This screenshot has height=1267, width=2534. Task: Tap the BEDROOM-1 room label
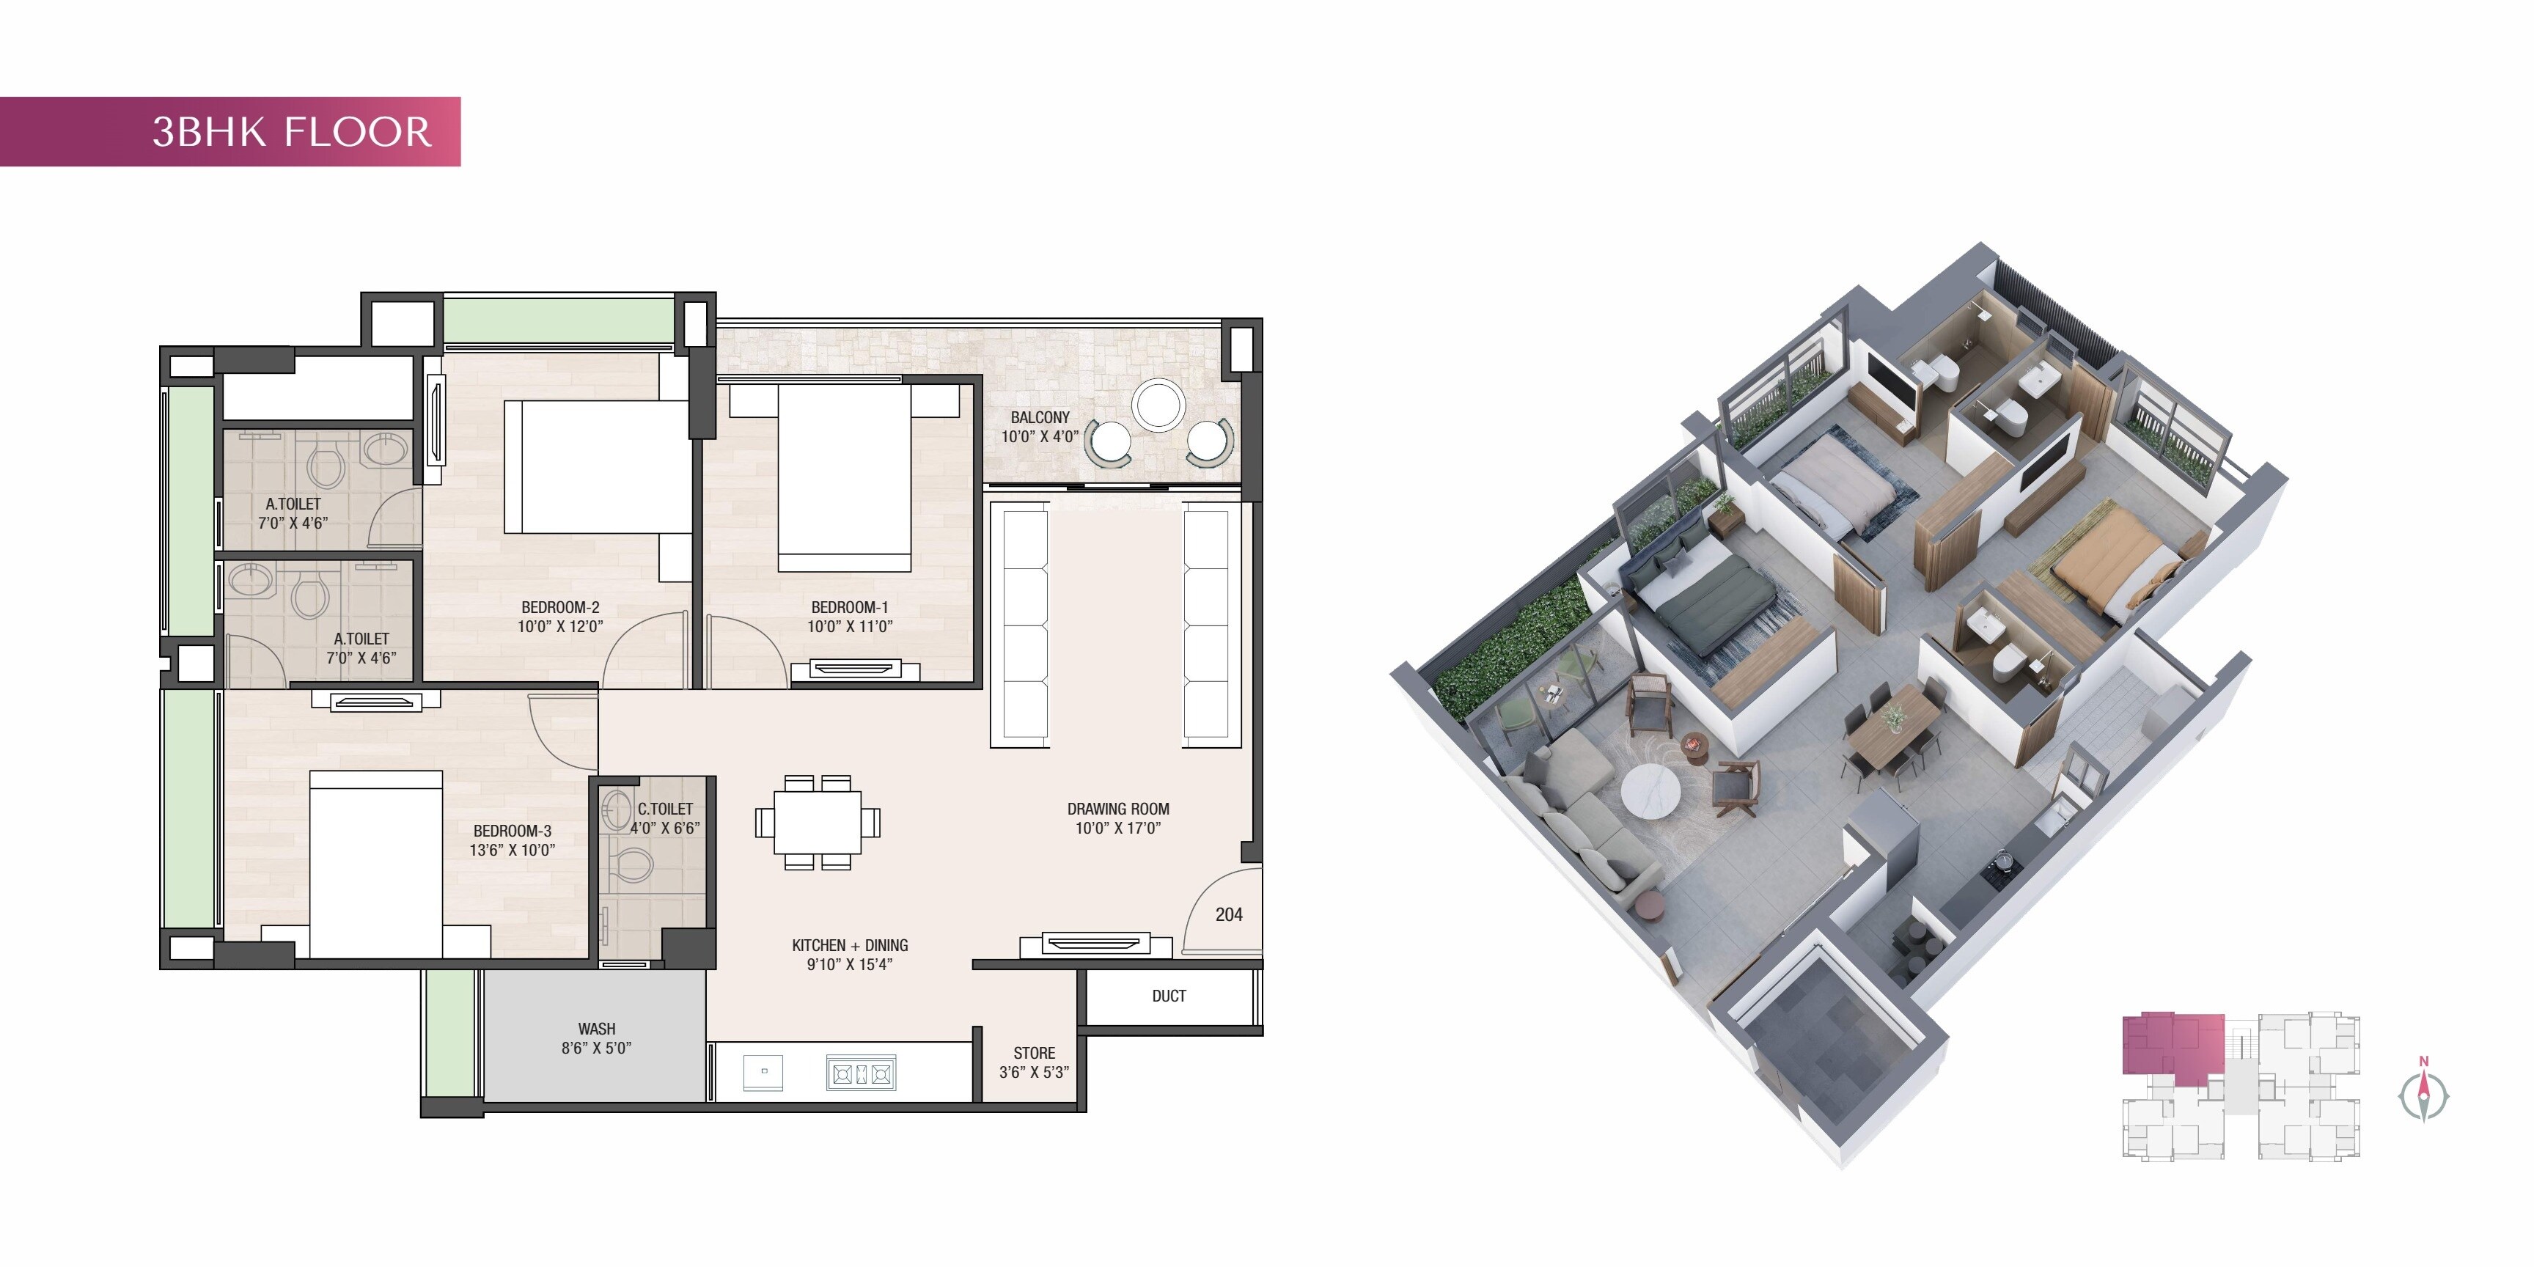[x=850, y=617]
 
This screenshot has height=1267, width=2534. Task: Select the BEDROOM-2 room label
[x=559, y=617]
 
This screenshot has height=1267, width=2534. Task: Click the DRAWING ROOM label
[x=1118, y=818]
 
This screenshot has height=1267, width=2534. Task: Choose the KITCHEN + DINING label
[x=850, y=954]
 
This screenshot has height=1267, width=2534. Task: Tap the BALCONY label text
[x=1040, y=427]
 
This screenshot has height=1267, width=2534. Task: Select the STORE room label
[x=1034, y=1062]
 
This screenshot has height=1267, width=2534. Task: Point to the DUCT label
[x=1169, y=996]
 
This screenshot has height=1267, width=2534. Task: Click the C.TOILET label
[x=665, y=818]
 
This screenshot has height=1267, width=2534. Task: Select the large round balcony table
[x=1158, y=404]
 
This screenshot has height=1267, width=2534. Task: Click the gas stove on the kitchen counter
[x=861, y=1074]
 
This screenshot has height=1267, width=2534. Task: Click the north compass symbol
[x=2423, y=1094]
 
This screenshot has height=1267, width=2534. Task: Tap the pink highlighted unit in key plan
[x=2171, y=1046]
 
